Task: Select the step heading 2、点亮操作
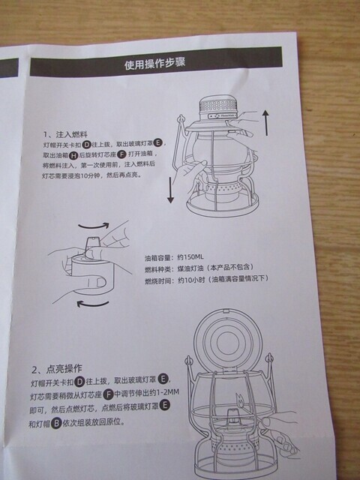pyautogui.click(x=59, y=370)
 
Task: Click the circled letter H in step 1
pyautogui.click(x=73, y=154)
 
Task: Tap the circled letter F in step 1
pyautogui.click(x=132, y=154)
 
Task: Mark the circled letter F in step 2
pyautogui.click(x=108, y=394)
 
